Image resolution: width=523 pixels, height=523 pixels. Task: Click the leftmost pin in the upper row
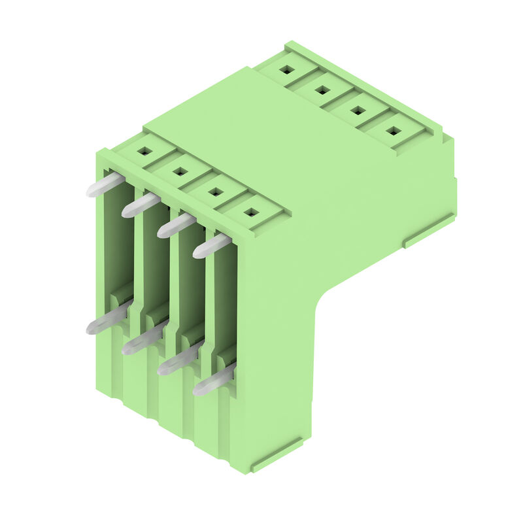tap(105, 185)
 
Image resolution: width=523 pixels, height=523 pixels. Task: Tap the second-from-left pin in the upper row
tap(140, 205)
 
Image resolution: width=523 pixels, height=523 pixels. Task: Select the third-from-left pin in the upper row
tap(176, 226)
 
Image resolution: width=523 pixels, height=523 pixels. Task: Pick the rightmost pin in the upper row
tap(211, 246)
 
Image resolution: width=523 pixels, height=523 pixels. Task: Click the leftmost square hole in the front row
tap(145, 150)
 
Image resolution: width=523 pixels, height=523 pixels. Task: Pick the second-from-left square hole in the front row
tap(180, 171)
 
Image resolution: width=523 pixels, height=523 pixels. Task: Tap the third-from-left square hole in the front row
tap(216, 192)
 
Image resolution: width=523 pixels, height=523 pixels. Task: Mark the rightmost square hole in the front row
tap(251, 212)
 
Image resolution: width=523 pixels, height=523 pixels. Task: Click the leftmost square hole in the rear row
tap(286, 69)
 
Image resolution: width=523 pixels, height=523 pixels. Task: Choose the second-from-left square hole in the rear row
tap(322, 90)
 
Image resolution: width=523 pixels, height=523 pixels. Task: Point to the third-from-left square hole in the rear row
tap(358, 110)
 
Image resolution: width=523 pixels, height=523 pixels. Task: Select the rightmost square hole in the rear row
tap(393, 131)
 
